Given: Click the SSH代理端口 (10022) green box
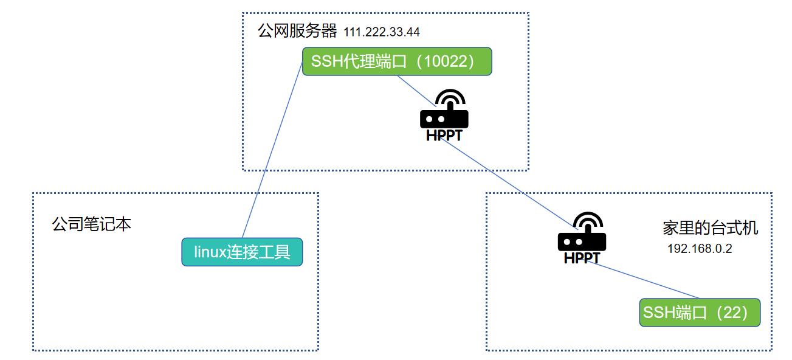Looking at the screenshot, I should click(x=396, y=61).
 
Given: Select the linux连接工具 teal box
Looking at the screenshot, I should click(x=242, y=252).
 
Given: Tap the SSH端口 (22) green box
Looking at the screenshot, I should click(x=700, y=313).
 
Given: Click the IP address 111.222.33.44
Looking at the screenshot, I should click(x=381, y=32).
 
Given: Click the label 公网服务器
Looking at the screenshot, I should click(x=297, y=31).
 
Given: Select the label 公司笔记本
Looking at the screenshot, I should click(x=91, y=224).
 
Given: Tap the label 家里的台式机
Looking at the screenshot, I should click(x=710, y=228).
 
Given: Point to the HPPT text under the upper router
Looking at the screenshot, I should click(x=444, y=136).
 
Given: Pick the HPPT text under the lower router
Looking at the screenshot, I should click(x=582, y=258).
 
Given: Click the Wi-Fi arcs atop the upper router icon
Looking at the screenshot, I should click(x=451, y=98).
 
